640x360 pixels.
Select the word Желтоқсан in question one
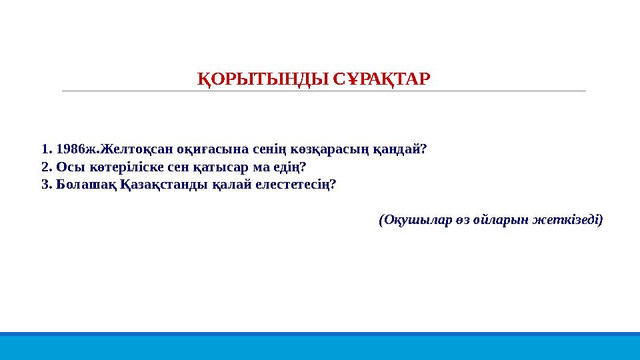127,148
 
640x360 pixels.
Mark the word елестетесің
291,184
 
